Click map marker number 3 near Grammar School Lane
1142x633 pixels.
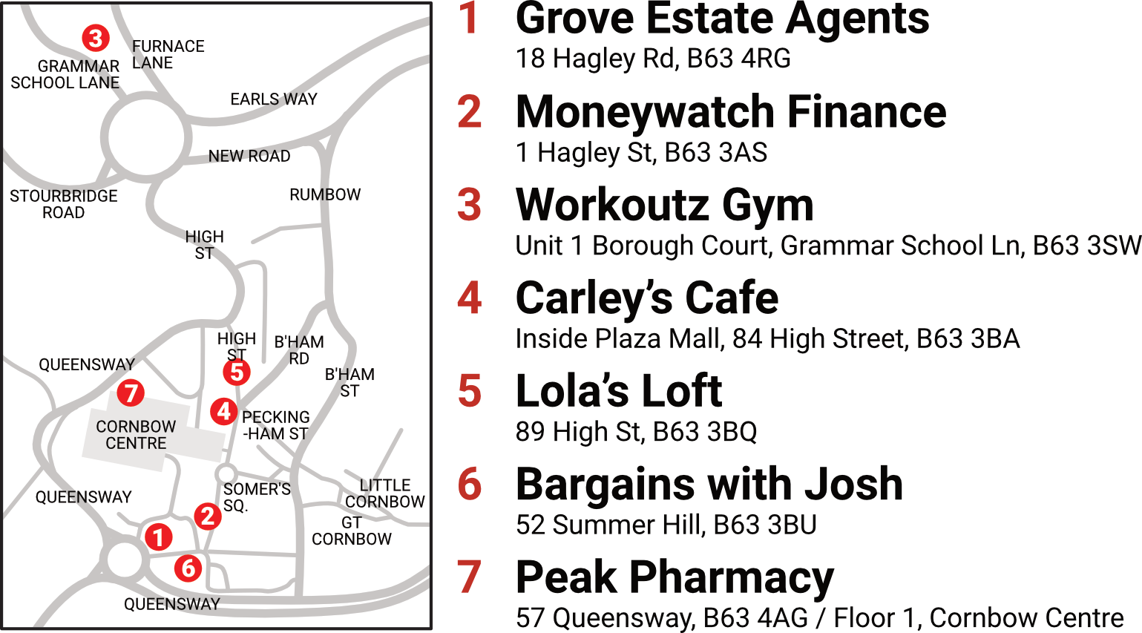[x=96, y=38]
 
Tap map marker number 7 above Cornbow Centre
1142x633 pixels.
[x=131, y=392]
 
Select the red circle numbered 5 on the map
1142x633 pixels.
[x=237, y=372]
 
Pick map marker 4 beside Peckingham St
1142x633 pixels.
[x=223, y=410]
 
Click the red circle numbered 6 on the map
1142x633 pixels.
[x=188, y=568]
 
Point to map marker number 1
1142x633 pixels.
[x=158, y=537]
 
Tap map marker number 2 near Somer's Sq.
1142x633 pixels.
[x=208, y=516]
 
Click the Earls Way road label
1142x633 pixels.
[x=273, y=99]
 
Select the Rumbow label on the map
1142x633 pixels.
[x=325, y=194]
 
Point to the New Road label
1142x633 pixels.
[x=249, y=157]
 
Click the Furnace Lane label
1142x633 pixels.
[x=168, y=54]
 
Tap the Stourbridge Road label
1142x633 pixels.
[x=64, y=204]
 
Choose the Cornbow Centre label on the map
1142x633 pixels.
[x=136, y=435]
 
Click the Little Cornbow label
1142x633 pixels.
[x=384, y=493]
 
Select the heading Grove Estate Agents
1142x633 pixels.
[x=722, y=19]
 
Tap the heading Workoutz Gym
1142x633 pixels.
[x=664, y=205]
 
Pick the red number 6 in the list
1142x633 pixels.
[x=470, y=484]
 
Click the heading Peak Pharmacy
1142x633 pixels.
[x=675, y=577]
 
